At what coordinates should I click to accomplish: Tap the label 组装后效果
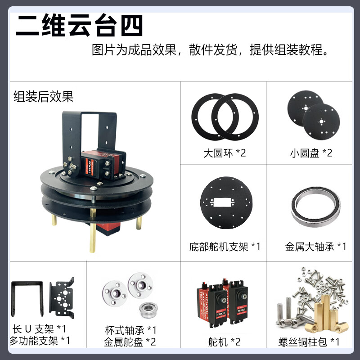43,96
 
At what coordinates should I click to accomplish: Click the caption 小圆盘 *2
311,153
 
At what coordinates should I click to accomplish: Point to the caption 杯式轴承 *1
130,330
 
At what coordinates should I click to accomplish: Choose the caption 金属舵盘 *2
130,342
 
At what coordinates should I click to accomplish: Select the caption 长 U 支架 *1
40,330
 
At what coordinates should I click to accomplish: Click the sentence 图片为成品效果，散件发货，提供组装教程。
209,50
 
